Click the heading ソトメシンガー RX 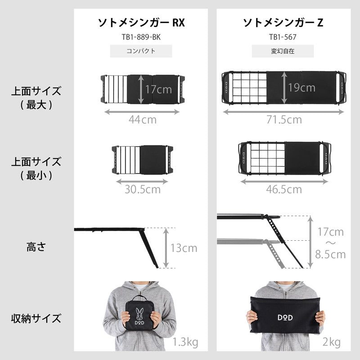[x=141, y=22]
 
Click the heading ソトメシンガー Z [x=283, y=22]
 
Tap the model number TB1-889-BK [x=141, y=37]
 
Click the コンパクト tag [x=141, y=51]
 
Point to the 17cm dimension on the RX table [x=158, y=89]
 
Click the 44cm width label [x=142, y=120]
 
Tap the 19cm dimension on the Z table [x=301, y=88]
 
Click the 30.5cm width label [x=142, y=189]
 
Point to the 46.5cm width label [x=283, y=189]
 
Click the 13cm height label [x=183, y=248]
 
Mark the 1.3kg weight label [x=185, y=343]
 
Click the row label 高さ [x=36, y=247]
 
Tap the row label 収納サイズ [x=36, y=319]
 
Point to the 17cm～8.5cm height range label [x=330, y=243]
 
